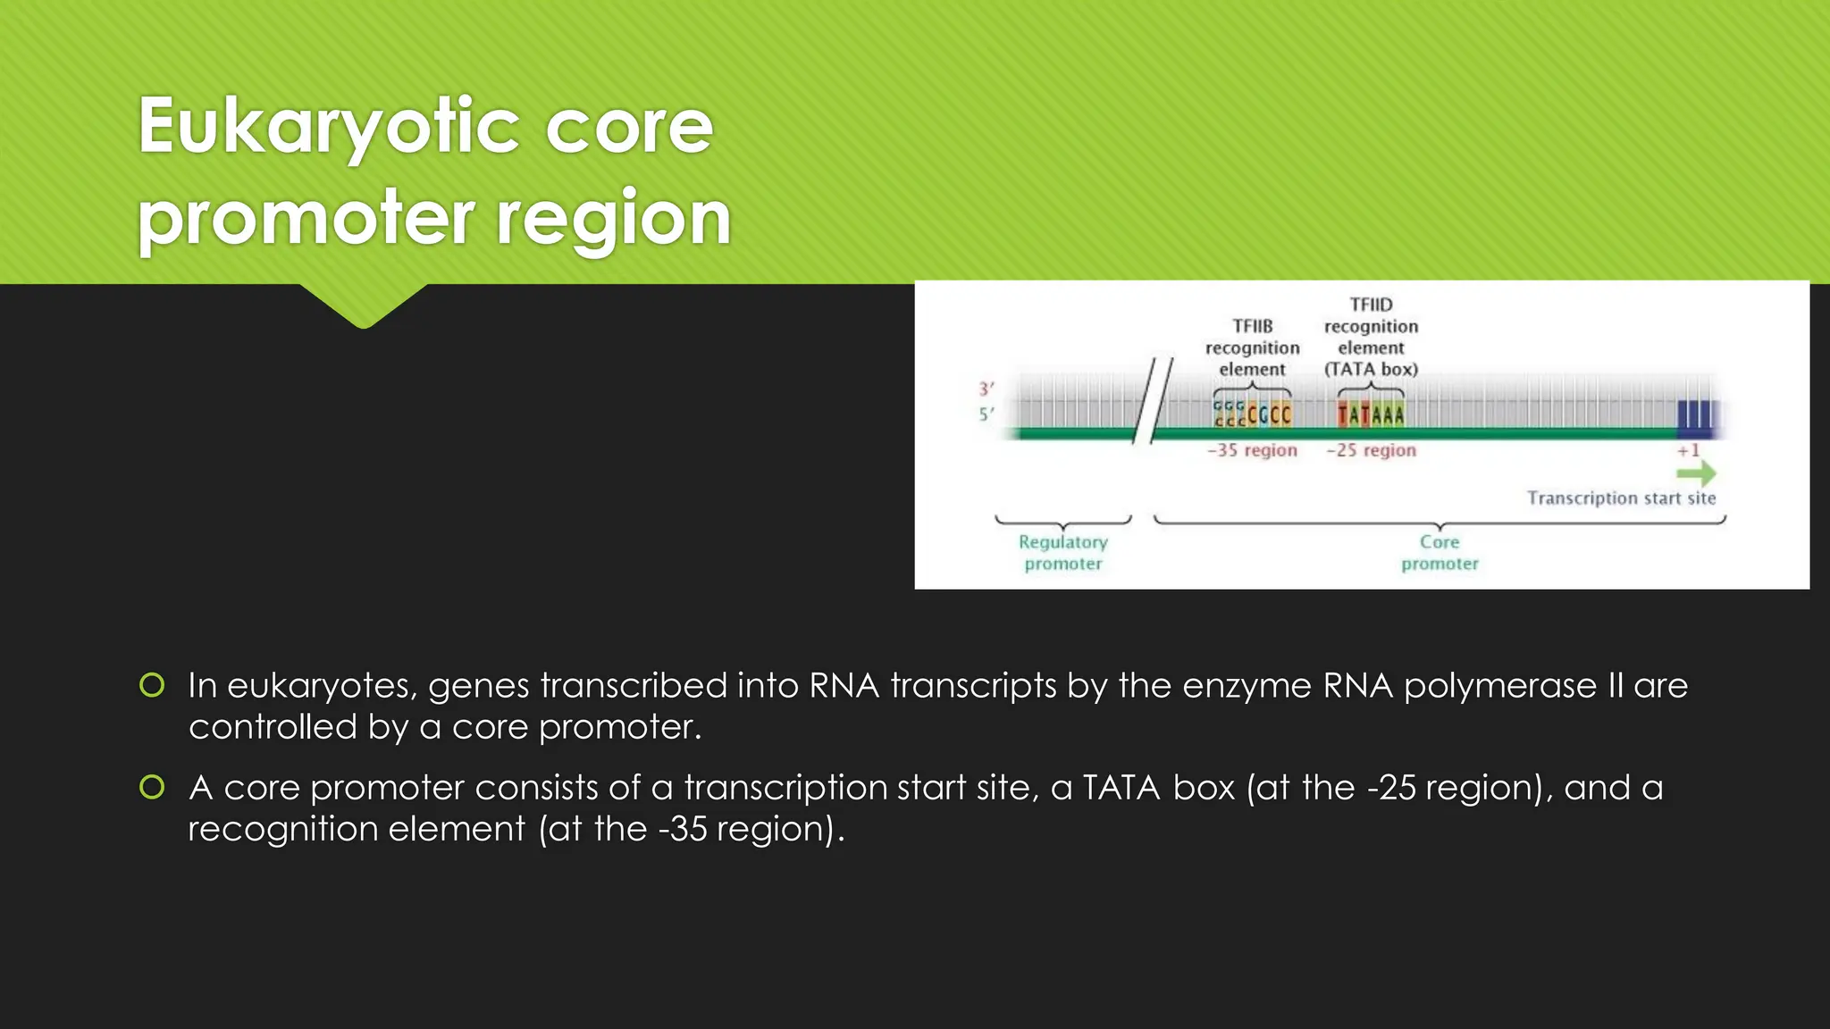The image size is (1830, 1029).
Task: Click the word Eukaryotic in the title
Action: (329, 127)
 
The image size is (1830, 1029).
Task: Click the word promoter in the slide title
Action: (306, 219)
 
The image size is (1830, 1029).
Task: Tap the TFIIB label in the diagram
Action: (1252, 326)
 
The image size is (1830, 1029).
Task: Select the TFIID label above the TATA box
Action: (1371, 305)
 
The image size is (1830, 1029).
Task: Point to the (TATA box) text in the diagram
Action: (1371, 369)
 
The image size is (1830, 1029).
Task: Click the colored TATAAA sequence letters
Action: (1370, 414)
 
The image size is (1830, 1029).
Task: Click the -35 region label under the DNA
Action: (1252, 450)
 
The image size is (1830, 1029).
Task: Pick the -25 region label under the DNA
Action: (1371, 450)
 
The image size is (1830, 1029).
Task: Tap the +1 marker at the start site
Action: (1688, 450)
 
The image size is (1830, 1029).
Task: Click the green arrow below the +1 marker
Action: (1696, 473)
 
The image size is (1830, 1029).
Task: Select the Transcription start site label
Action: (1621, 498)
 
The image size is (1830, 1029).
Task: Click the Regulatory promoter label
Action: (1062, 552)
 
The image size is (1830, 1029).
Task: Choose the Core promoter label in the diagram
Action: (1440, 552)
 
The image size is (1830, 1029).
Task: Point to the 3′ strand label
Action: (986, 389)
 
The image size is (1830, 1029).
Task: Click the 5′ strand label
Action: (986, 414)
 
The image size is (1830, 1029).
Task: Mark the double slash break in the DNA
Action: (1153, 400)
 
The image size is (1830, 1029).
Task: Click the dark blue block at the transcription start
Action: (1695, 415)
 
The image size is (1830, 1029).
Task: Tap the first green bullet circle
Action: (152, 685)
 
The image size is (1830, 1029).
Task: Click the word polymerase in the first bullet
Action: (1499, 686)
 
